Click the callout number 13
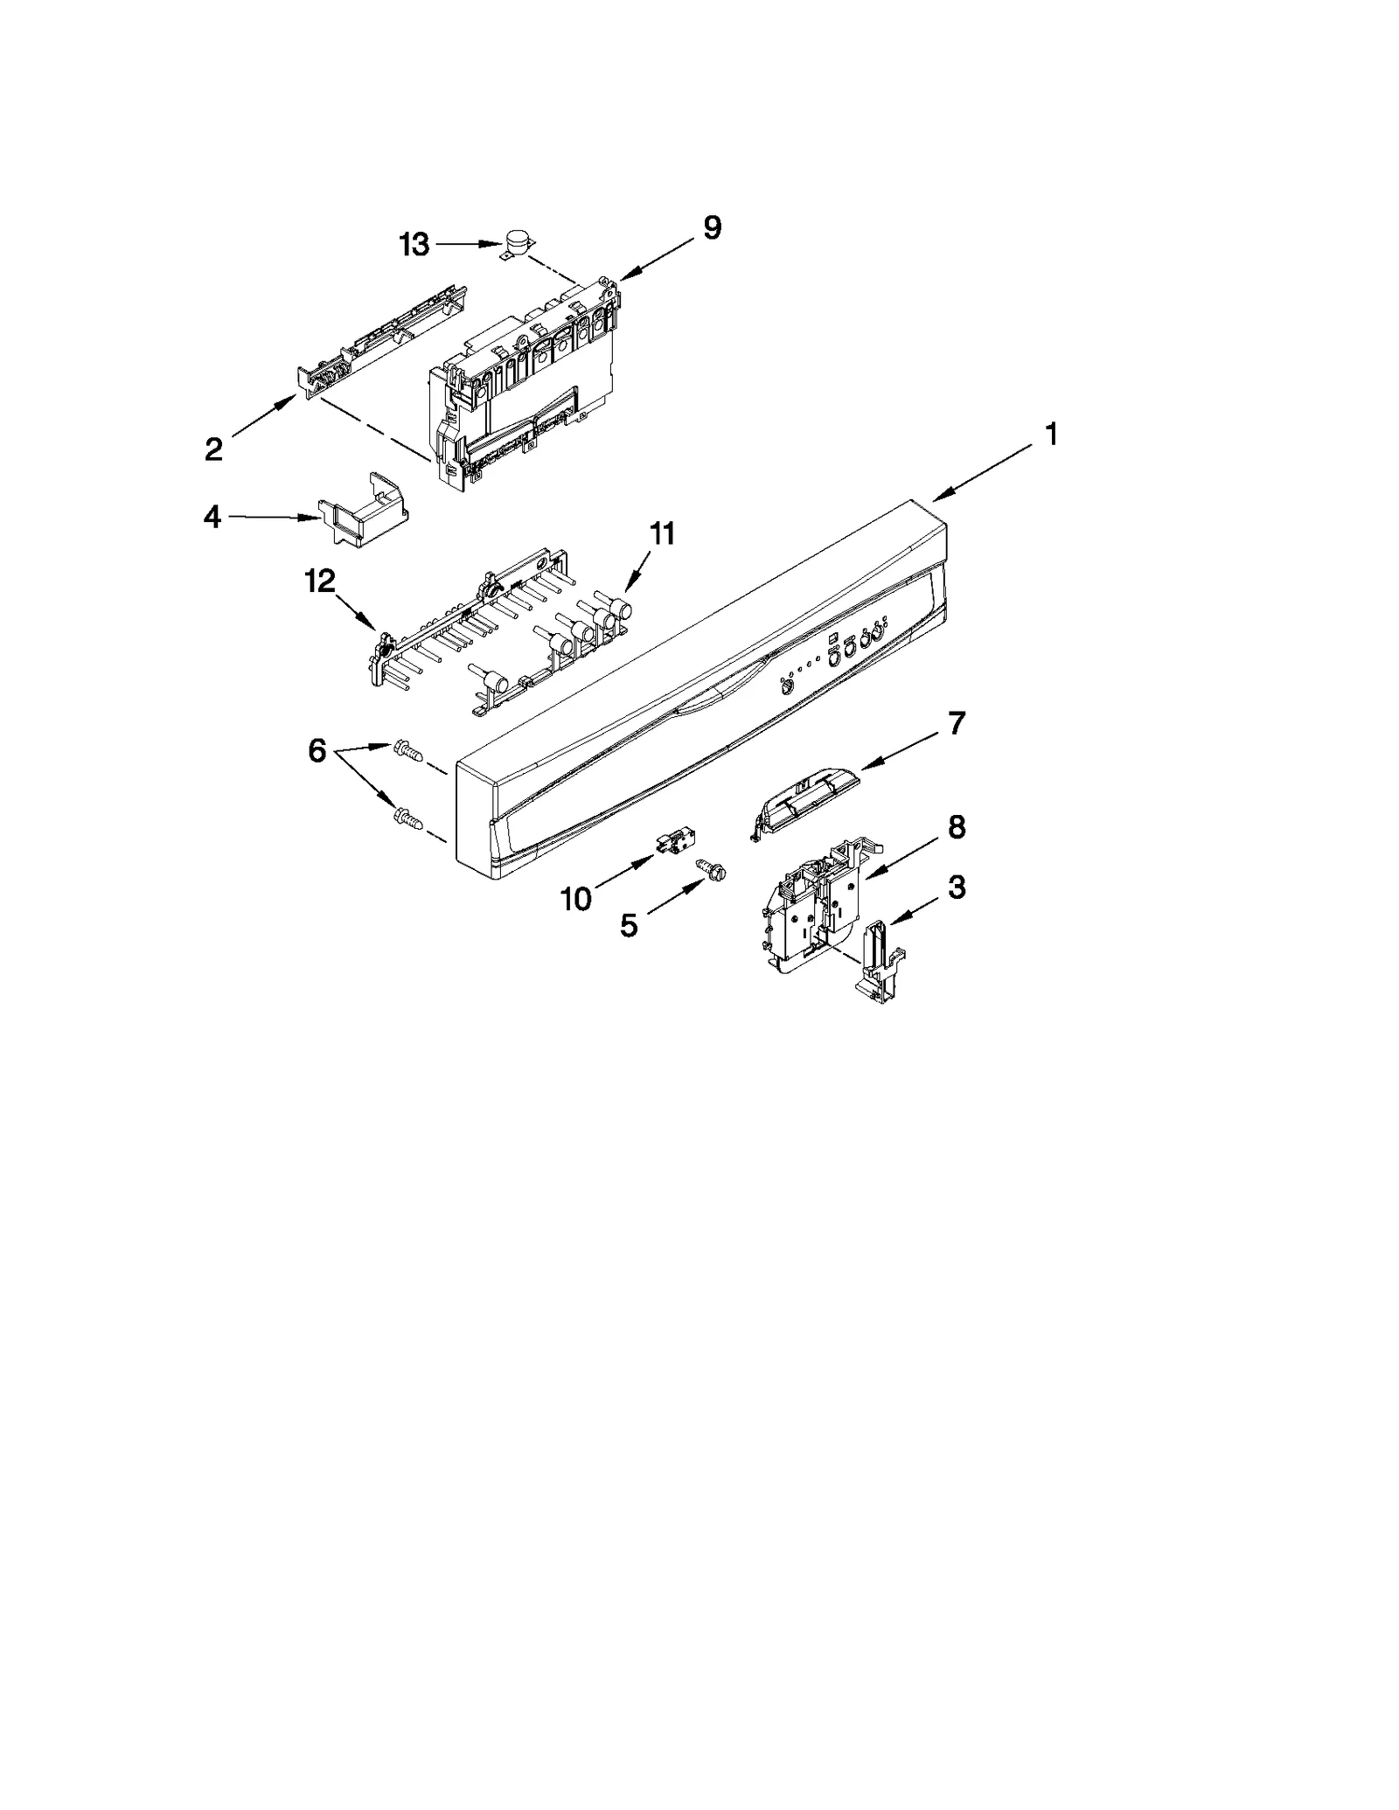[x=414, y=245]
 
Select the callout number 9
[x=712, y=228]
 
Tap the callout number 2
[x=213, y=449]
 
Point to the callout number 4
[x=212, y=517]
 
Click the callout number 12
[x=320, y=581]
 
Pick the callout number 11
[x=662, y=533]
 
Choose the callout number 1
[x=1051, y=434]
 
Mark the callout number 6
[x=317, y=749]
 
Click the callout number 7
[x=957, y=723]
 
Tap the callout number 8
[x=957, y=826]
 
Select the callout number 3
[x=957, y=888]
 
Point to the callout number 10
[x=576, y=898]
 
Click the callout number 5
[x=629, y=925]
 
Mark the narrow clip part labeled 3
[x=879, y=959]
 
